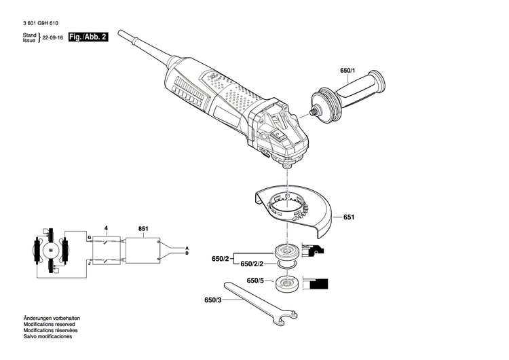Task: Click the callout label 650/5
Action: [x=255, y=281]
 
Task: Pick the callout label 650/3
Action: [x=213, y=300]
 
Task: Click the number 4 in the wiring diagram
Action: [x=105, y=228]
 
